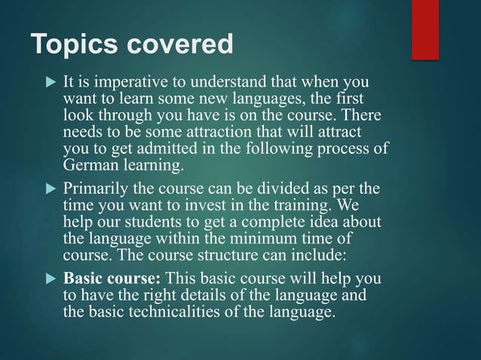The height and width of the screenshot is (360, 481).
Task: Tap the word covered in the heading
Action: pos(181,46)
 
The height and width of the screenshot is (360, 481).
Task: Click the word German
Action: pos(90,166)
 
